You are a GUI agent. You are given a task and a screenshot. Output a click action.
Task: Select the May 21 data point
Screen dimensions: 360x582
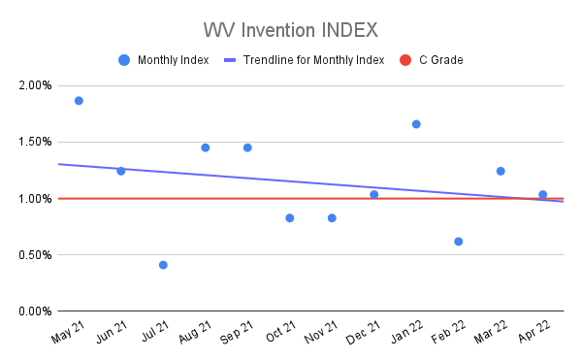coord(79,100)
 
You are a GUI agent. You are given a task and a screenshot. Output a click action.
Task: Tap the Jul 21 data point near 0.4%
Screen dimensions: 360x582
coord(163,265)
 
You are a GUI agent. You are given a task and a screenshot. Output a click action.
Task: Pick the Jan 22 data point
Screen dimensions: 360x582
coord(416,124)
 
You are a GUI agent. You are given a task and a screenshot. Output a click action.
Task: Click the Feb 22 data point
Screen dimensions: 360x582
coord(458,241)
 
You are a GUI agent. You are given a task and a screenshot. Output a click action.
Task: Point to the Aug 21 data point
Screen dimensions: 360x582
coord(205,147)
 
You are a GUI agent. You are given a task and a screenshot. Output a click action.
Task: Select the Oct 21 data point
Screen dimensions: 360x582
coord(290,217)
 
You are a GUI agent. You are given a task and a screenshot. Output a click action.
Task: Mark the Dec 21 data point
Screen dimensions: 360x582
coord(374,194)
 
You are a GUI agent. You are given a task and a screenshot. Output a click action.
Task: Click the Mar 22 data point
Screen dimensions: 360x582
coord(501,171)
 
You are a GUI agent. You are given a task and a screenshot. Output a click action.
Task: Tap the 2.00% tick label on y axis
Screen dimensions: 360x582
coord(35,85)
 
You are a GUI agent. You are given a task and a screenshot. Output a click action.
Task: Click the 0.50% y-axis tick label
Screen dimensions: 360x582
coord(35,255)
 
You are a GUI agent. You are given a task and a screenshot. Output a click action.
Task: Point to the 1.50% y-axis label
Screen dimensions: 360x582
coord(35,142)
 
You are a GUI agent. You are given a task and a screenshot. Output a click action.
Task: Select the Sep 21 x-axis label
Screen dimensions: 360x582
coord(237,332)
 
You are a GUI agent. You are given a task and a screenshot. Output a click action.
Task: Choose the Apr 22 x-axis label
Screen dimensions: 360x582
coord(533,332)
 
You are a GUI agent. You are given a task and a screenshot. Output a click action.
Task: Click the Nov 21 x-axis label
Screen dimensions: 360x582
coord(321,332)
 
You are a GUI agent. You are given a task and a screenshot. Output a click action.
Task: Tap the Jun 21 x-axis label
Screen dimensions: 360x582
coord(110,332)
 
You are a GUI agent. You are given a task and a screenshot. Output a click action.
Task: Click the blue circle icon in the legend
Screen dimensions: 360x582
coord(123,60)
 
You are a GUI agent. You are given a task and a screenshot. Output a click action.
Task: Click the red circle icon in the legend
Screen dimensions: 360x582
coord(405,60)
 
